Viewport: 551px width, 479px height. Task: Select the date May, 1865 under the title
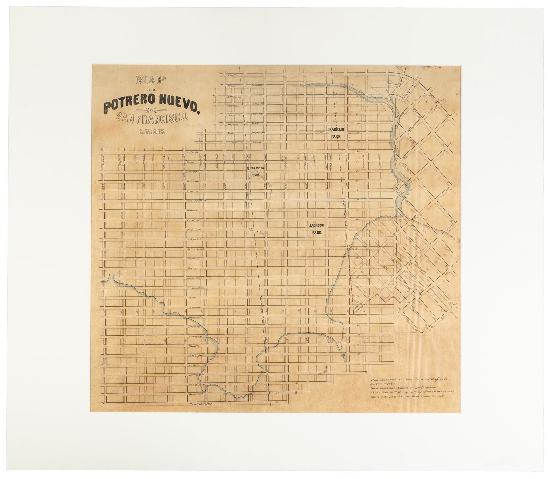coord(152,131)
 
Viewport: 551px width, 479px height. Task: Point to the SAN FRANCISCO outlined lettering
coord(153,118)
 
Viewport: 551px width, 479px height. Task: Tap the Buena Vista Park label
coord(256,171)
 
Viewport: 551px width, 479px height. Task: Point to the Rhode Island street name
coord(196,200)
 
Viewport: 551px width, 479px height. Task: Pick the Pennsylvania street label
coord(197,288)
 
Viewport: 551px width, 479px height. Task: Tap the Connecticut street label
coord(196,249)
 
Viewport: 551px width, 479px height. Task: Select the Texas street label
coord(191,268)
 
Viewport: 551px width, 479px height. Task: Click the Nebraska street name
coord(193,171)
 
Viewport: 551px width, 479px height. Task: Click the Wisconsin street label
coord(194,229)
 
